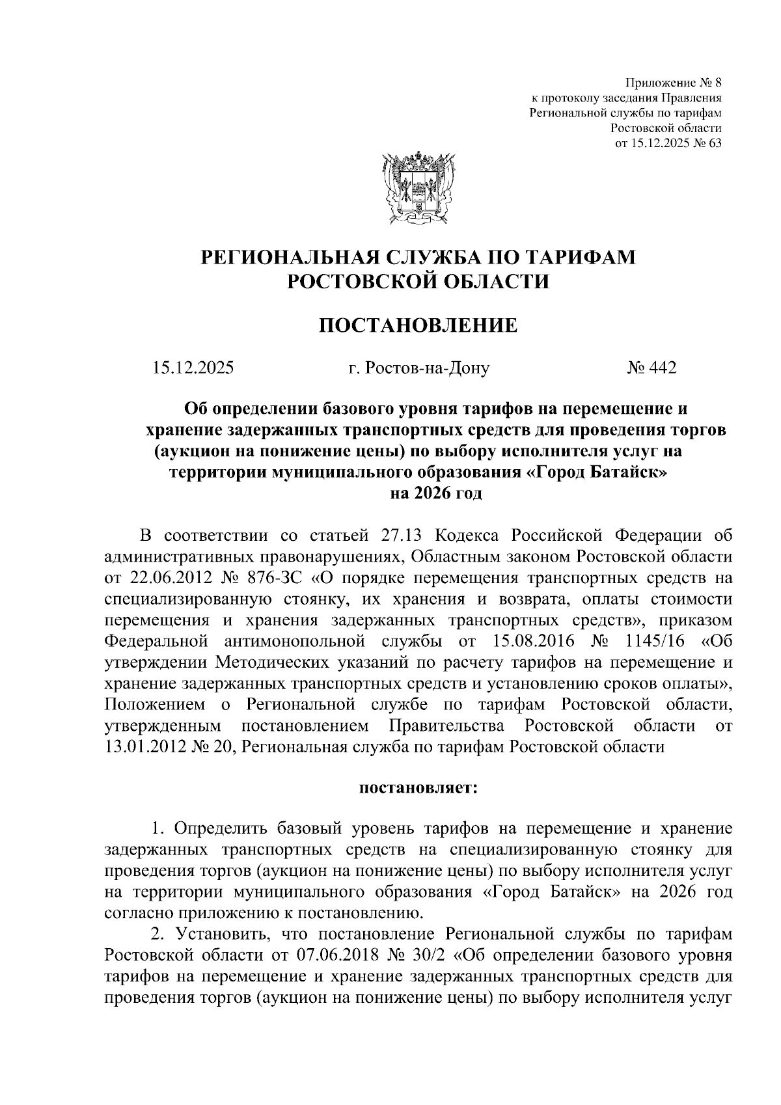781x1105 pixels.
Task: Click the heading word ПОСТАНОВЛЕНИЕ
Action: pos(418,325)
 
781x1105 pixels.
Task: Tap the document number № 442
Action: pos(651,368)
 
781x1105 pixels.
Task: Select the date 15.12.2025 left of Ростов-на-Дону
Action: pos(193,368)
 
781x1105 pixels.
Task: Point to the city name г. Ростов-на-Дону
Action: pos(418,368)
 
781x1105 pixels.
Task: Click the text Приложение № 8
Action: pos(674,83)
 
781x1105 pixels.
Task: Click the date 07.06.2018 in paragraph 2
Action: pos(337,955)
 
